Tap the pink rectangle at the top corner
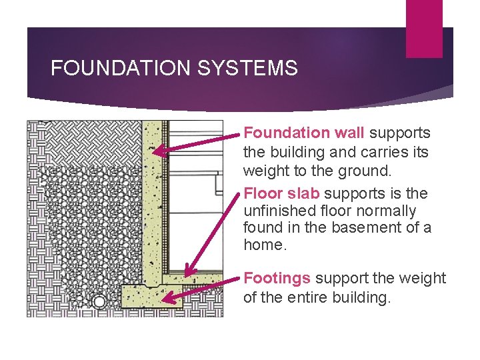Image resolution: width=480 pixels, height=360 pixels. point(424,29)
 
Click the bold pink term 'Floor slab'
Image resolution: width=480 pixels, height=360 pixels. point(282,193)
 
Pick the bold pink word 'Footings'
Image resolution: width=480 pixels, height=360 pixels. point(277,278)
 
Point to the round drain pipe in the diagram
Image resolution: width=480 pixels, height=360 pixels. point(99,302)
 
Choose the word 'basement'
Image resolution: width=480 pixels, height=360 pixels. point(365,228)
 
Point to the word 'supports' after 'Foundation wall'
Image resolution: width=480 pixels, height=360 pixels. point(399,133)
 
